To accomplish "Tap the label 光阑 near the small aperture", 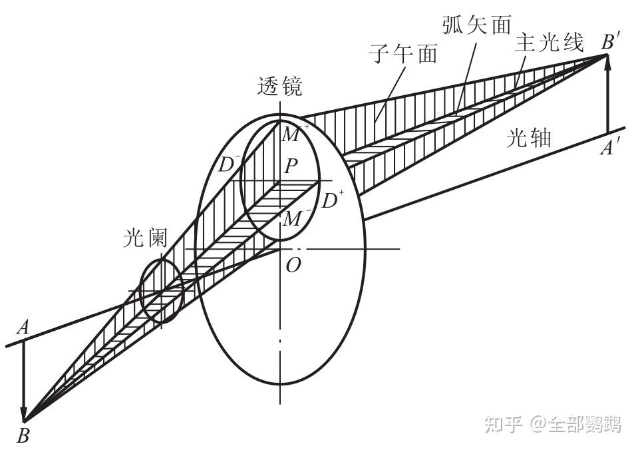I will tap(146, 238).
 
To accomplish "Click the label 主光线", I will tap(549, 43).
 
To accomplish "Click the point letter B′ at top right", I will tap(610, 41).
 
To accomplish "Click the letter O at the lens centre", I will tap(292, 265).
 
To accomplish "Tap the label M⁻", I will tap(293, 218).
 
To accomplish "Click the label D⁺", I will tap(333, 200).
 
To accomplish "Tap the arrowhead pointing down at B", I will tap(24, 414).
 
